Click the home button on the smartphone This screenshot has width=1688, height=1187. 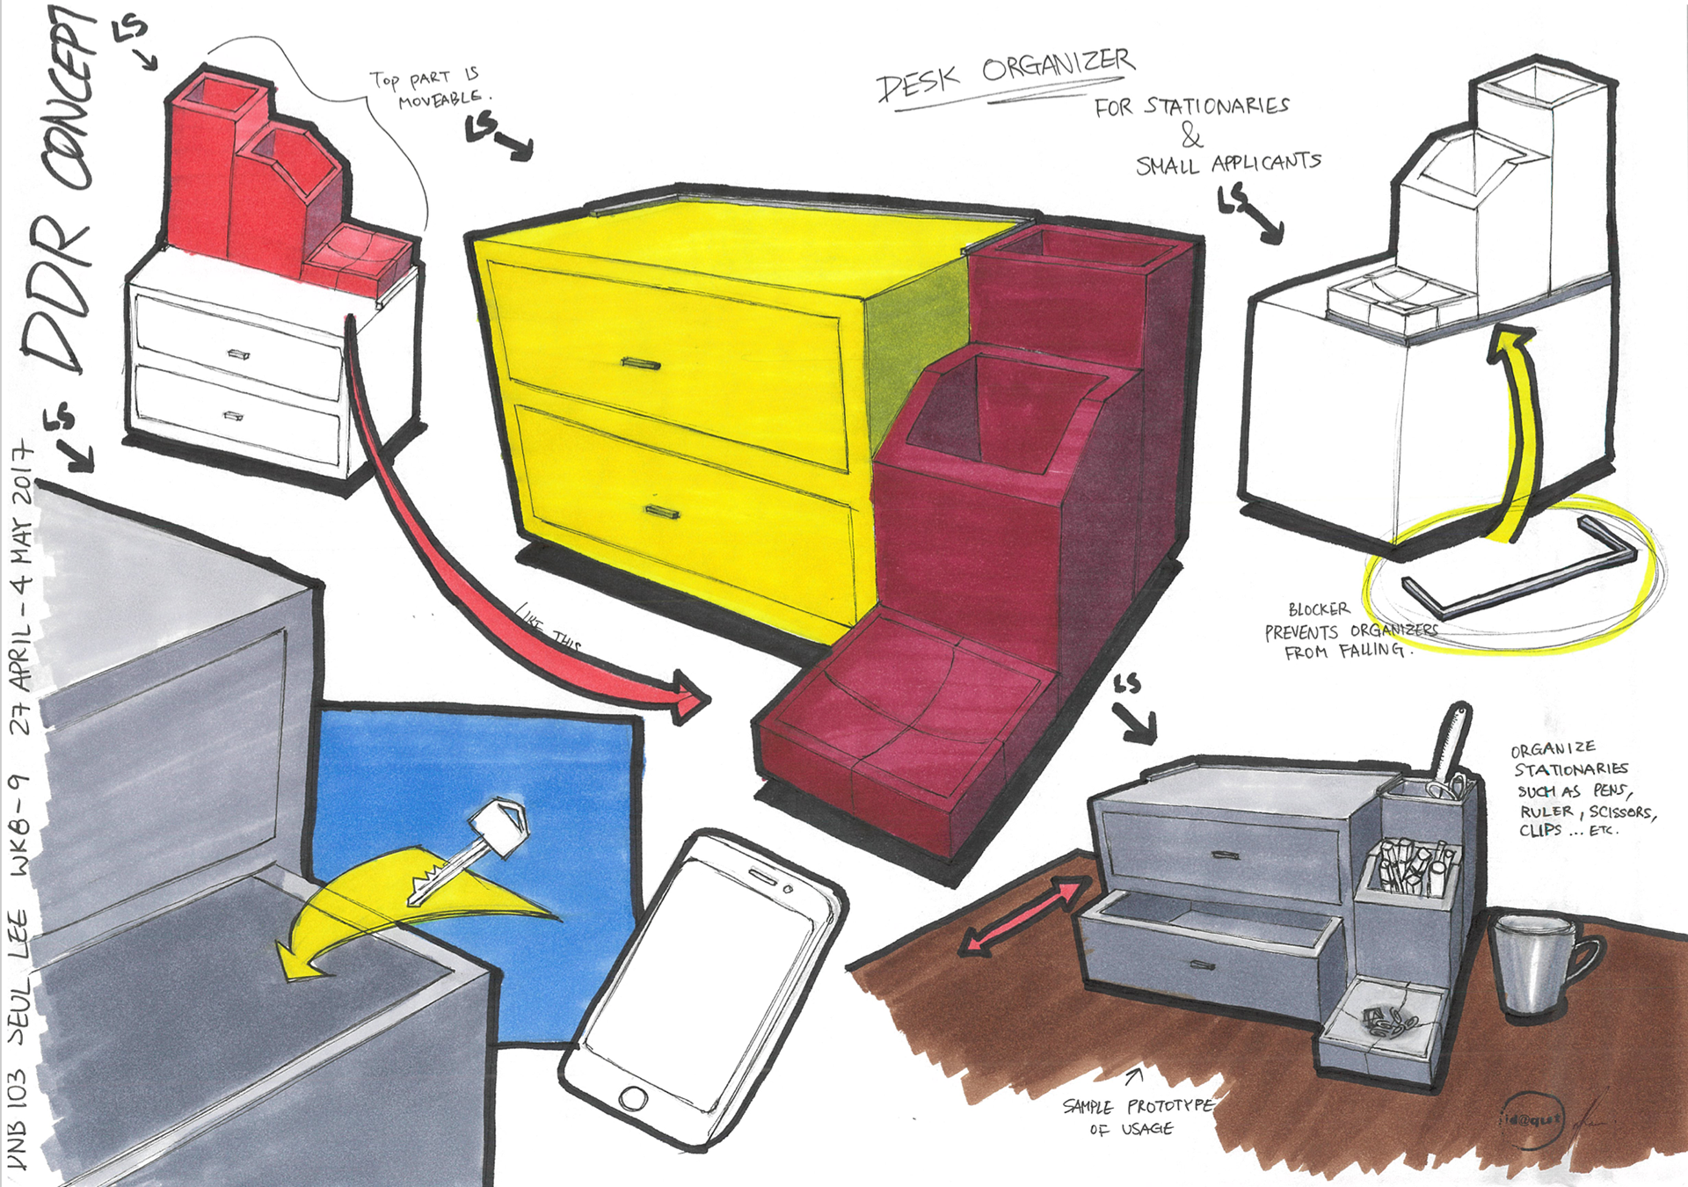pyautogui.click(x=634, y=1098)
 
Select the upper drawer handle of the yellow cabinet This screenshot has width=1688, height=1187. pyautogui.click(x=640, y=363)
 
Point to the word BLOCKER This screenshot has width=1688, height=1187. pyautogui.click(x=1318, y=608)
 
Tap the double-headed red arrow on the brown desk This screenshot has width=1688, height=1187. pyautogui.click(x=1021, y=915)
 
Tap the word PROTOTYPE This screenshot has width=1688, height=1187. pyautogui.click(x=1169, y=1105)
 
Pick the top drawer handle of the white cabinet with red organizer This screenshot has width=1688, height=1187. pyautogui.click(x=238, y=353)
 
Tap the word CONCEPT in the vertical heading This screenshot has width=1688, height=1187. pyautogui.click(x=72, y=97)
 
